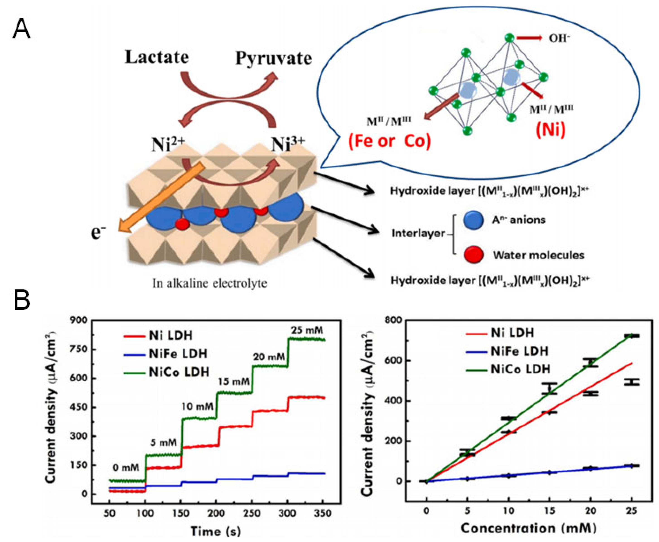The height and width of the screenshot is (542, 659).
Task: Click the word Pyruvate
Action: click(273, 58)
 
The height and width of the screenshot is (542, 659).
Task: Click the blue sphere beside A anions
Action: click(473, 220)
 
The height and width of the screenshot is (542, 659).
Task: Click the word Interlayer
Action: click(418, 233)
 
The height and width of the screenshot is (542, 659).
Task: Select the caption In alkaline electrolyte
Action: click(210, 283)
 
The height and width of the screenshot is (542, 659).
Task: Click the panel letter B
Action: click(22, 300)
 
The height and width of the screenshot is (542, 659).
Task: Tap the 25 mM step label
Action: click(307, 330)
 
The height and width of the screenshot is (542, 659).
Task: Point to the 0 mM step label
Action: click(126, 468)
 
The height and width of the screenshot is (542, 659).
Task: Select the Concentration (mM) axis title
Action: click(529, 528)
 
